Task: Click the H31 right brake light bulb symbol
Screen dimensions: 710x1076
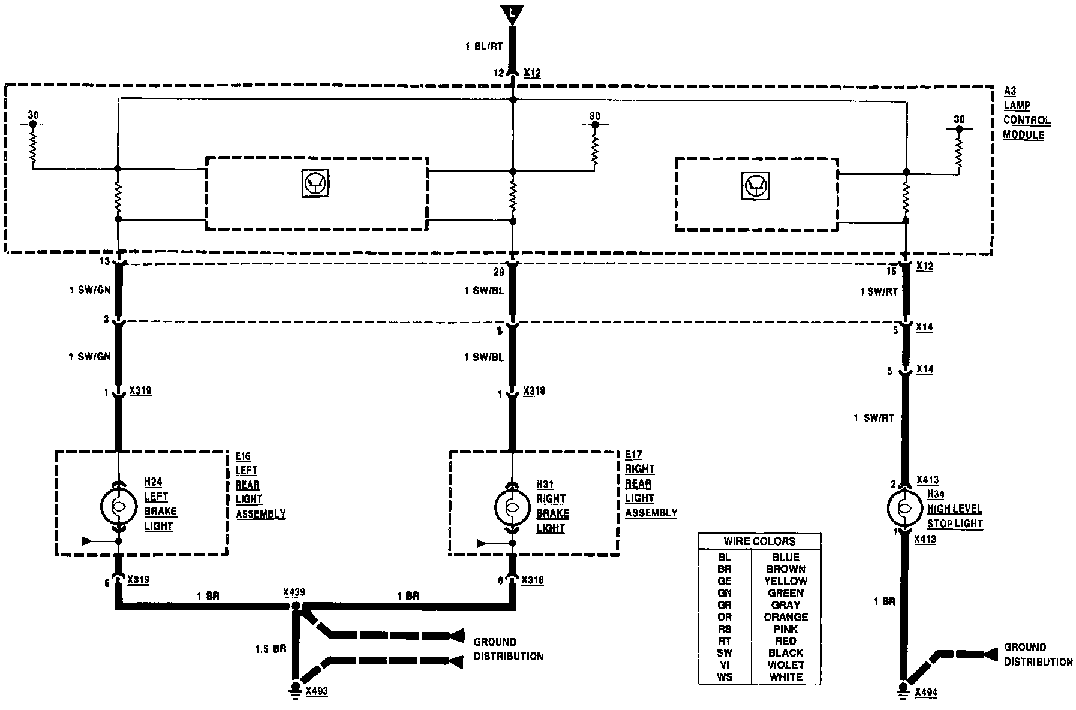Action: point(512,507)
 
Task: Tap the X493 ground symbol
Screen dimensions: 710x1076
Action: point(296,689)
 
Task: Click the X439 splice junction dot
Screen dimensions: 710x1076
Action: point(296,606)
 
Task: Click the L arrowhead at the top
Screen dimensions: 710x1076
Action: point(512,14)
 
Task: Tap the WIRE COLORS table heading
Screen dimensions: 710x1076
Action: point(759,541)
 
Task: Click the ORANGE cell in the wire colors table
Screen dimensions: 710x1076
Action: point(786,617)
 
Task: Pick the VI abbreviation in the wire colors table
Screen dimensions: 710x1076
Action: point(724,665)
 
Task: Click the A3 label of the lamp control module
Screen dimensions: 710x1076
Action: point(1010,91)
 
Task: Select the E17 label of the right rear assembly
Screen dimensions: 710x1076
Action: point(633,455)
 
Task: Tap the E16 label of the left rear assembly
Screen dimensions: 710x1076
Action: point(243,456)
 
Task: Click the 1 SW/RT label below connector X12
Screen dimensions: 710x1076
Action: point(879,292)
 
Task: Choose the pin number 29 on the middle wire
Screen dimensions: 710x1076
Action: point(498,272)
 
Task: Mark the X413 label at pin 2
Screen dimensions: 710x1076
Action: point(927,480)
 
